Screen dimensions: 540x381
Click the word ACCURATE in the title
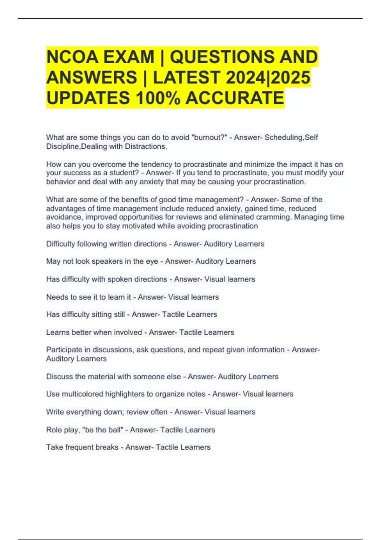coord(235,98)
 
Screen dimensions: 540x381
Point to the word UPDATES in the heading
coord(88,98)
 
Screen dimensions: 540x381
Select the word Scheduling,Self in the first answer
coord(291,138)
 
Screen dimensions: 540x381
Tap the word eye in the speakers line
coord(152,261)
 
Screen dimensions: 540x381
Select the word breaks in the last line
coord(107,447)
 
